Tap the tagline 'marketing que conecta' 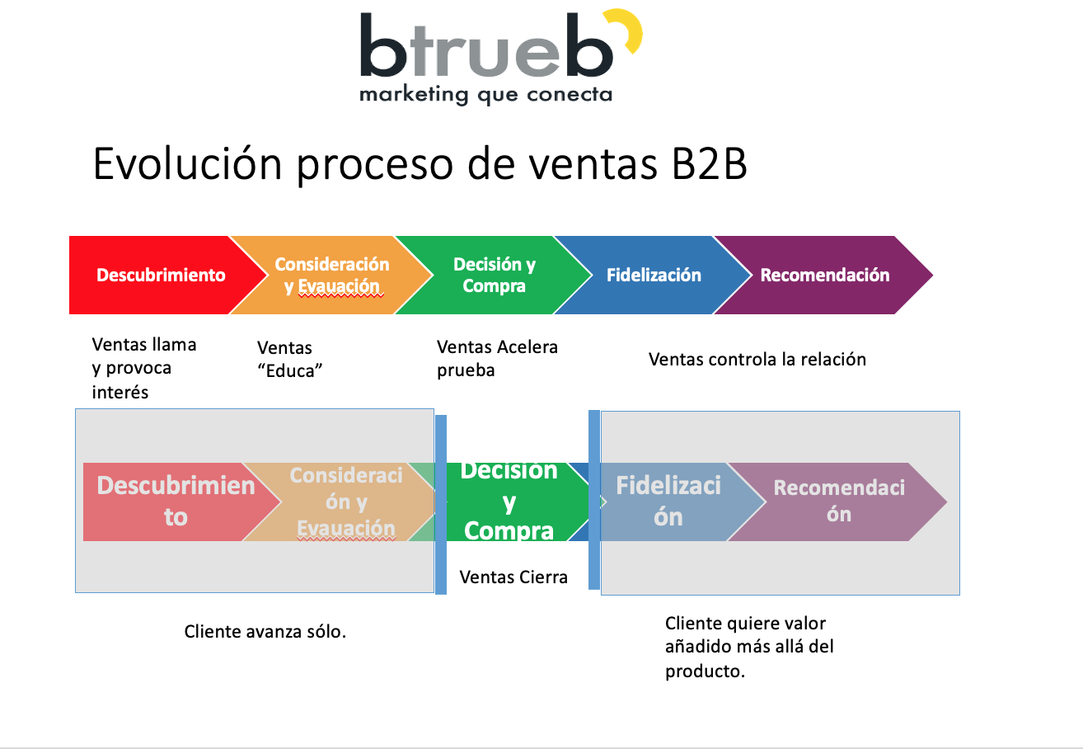tap(486, 95)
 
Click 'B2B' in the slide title tap(710, 164)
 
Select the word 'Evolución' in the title tap(187, 163)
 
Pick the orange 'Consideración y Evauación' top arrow tap(331, 275)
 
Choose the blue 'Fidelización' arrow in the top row tap(654, 275)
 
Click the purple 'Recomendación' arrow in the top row tap(824, 275)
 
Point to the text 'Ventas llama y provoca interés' tap(144, 368)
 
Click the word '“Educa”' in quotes tap(289, 371)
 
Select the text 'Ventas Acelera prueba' tap(497, 359)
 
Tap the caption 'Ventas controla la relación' tap(757, 360)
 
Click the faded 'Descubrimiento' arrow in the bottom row tap(176, 502)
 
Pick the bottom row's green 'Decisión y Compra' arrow tap(513, 502)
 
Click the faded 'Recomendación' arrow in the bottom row tap(839, 502)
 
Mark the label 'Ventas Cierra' tap(513, 577)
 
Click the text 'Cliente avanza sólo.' tap(265, 631)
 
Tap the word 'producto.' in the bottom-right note tap(705, 671)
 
